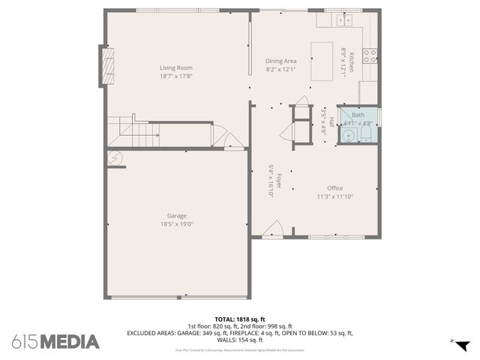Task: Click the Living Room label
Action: point(176,67)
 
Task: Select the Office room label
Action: point(334,188)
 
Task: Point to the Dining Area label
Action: point(281,61)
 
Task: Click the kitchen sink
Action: point(344,20)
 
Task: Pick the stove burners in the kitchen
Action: point(370,54)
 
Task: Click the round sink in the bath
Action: point(348,135)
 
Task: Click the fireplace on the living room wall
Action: point(109,67)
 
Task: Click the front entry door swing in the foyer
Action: point(274,229)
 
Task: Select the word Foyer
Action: point(278,180)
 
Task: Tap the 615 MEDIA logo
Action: point(55,342)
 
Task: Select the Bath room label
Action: point(358,115)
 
